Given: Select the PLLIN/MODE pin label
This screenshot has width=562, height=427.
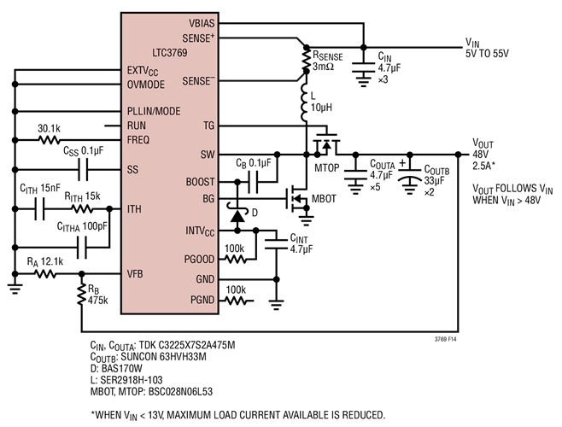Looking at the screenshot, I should click(155, 111).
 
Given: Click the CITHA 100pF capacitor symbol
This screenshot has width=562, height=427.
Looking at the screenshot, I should click(81, 247).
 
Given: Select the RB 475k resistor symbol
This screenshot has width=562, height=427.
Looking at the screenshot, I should click(81, 293).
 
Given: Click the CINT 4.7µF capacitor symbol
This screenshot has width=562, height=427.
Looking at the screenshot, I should click(276, 244).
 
